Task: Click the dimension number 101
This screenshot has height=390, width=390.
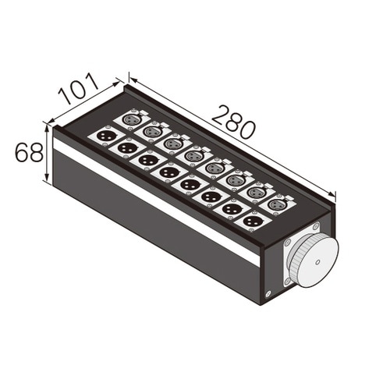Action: click(79, 89)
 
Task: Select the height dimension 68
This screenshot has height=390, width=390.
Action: click(29, 153)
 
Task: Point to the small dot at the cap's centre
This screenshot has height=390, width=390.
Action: click(317, 262)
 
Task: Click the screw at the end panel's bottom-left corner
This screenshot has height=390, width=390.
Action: click(268, 294)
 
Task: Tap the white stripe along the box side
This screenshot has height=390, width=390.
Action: click(156, 200)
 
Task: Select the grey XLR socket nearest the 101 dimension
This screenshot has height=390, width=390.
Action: click(132, 119)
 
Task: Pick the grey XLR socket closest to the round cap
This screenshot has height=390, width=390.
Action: click(277, 204)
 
